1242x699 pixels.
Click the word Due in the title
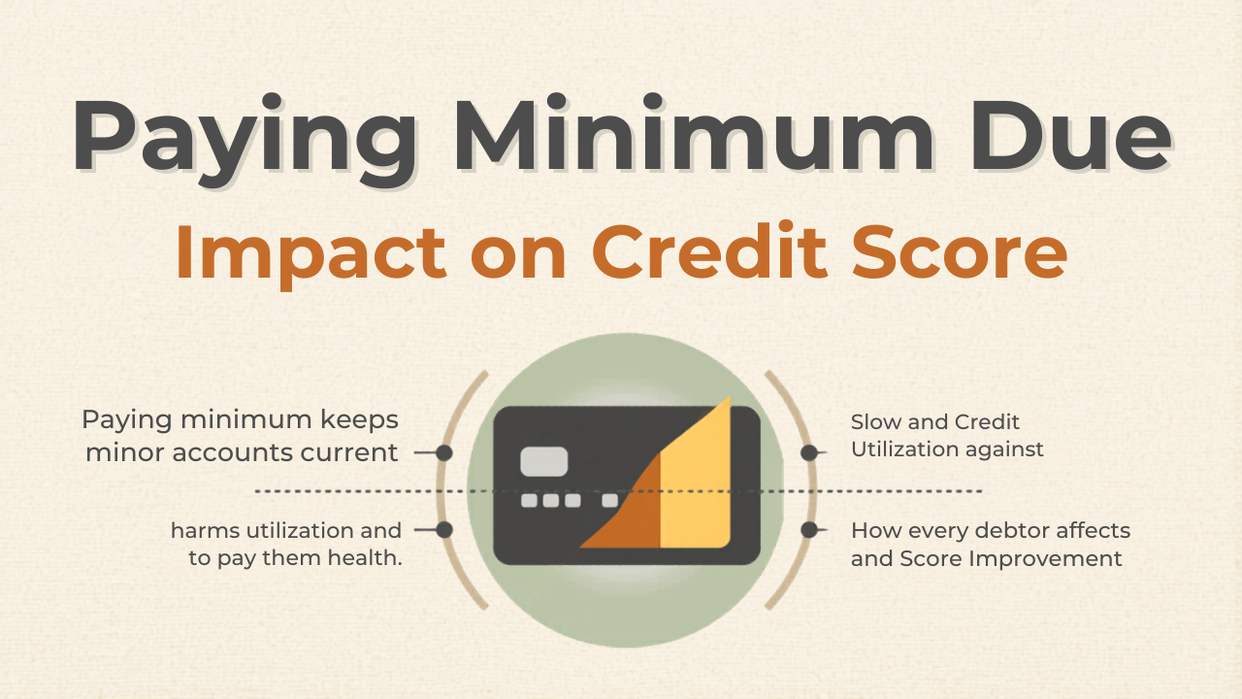[1070, 135]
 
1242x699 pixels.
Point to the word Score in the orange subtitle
[960, 251]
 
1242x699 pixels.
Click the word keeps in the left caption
[360, 420]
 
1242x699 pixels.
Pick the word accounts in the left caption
[232, 453]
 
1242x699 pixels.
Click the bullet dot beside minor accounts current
[444, 452]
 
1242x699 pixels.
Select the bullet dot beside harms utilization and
[444, 530]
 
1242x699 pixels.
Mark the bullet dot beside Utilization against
[809, 452]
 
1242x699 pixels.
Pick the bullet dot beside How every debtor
[809, 530]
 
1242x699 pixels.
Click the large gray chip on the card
[544, 461]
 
